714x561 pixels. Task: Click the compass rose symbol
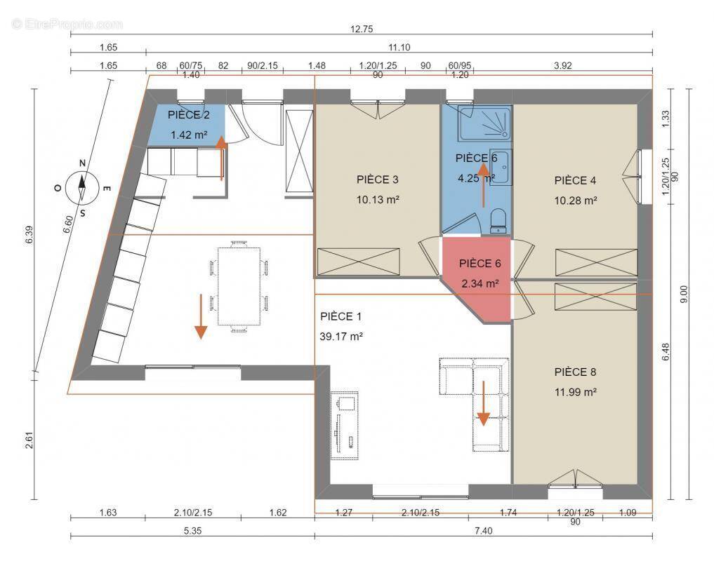(82, 187)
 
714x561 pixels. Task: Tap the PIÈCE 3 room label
(378, 180)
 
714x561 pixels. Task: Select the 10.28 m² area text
(575, 200)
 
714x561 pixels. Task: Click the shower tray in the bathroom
(484, 123)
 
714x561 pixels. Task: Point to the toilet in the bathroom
(498, 221)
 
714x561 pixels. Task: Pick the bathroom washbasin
(501, 167)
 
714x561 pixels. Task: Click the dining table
(239, 286)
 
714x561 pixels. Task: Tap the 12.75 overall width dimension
(362, 29)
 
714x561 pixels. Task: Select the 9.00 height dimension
(685, 295)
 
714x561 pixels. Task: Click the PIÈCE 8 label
(575, 372)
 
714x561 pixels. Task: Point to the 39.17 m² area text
(341, 337)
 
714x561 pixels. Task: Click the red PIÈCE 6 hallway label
(480, 264)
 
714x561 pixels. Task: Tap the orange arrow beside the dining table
(201, 317)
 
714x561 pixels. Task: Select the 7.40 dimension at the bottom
(483, 531)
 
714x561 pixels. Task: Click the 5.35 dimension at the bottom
(192, 531)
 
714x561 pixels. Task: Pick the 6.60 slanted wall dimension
(67, 225)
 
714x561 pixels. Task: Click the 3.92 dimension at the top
(563, 65)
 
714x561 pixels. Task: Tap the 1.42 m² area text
(189, 135)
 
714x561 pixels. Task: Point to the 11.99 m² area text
(575, 392)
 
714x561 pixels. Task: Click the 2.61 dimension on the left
(29, 440)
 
